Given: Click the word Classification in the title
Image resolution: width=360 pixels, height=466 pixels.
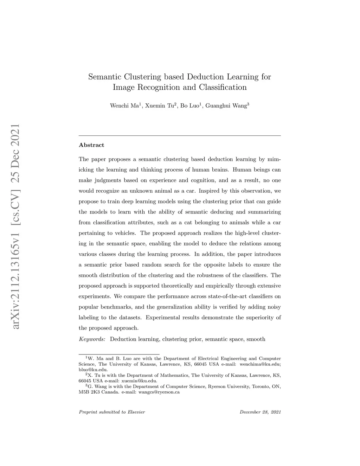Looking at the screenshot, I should [x=223, y=87].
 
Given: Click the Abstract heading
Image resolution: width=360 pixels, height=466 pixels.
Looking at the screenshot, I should [x=91, y=145].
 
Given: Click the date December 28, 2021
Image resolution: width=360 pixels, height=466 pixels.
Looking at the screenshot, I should [x=260, y=412].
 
